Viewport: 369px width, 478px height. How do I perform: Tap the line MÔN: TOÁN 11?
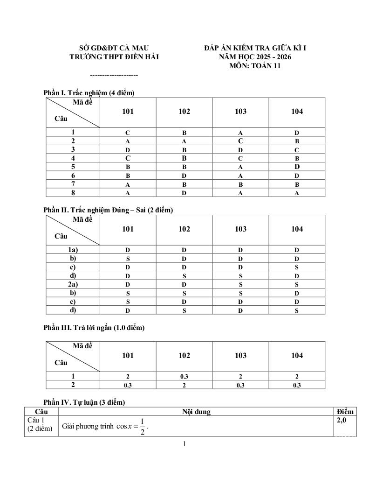click(x=255, y=66)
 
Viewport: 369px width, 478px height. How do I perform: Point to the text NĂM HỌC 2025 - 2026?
click(x=255, y=56)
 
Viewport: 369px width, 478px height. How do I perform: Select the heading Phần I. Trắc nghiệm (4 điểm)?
click(x=89, y=93)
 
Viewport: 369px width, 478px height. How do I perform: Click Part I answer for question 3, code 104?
click(x=297, y=150)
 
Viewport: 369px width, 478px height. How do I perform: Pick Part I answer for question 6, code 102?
click(x=184, y=176)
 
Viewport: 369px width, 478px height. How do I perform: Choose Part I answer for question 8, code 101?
click(x=128, y=193)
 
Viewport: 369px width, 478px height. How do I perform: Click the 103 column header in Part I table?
click(x=240, y=112)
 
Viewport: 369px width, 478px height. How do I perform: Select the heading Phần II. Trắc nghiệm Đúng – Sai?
click(x=108, y=210)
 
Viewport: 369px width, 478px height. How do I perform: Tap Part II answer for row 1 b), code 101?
click(x=128, y=259)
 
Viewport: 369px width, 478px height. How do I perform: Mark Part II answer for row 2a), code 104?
click(x=297, y=284)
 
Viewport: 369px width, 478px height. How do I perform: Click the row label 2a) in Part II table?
click(x=73, y=284)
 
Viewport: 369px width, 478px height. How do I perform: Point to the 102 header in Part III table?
click(x=184, y=356)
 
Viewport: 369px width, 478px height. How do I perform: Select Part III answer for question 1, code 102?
click(x=184, y=376)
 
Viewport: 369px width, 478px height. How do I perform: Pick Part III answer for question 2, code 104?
click(x=297, y=385)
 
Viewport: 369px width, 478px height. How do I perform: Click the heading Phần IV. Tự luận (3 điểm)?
click(x=84, y=402)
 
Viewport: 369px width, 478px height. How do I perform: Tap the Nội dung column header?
click(x=196, y=412)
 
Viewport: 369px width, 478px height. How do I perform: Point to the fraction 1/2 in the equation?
click(x=142, y=427)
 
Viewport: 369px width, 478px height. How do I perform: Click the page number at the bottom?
click(x=184, y=444)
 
